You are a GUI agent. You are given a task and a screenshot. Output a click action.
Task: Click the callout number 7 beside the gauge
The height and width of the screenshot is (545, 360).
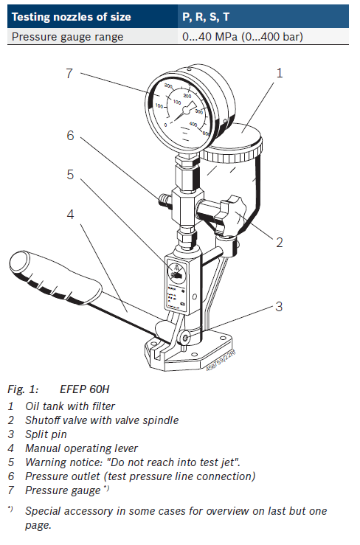[x=68, y=73]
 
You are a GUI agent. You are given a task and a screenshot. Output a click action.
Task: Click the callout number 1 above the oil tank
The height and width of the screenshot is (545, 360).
[x=280, y=73]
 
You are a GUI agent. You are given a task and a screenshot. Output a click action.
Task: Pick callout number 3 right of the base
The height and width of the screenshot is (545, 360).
[x=280, y=306]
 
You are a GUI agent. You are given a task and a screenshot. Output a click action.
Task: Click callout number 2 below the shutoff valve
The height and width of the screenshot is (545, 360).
[x=280, y=241]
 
